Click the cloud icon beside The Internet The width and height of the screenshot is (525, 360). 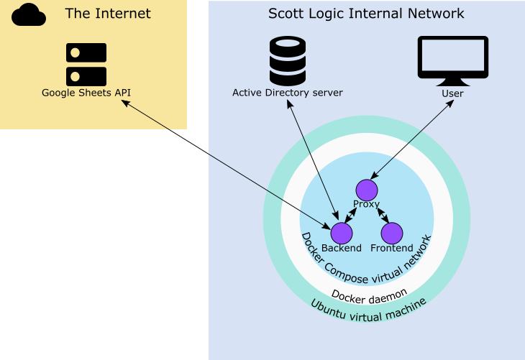click(x=29, y=14)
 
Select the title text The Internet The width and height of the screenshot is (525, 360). click(x=108, y=14)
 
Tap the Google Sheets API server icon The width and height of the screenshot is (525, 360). click(x=86, y=64)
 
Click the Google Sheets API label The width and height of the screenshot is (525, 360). click(x=86, y=93)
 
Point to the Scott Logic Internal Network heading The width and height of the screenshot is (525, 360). click(x=366, y=14)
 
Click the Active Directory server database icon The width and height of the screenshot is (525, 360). click(x=288, y=61)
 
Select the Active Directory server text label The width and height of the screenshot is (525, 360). click(x=288, y=93)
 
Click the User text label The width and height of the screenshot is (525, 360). click(x=453, y=93)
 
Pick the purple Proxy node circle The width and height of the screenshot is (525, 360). click(x=367, y=190)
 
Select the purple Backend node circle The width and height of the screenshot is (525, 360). click(x=342, y=233)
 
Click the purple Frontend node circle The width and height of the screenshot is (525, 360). click(x=392, y=233)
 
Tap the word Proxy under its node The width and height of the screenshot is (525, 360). click(x=367, y=205)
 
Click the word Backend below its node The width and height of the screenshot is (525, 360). click(x=342, y=249)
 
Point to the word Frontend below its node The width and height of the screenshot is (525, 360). click(x=392, y=249)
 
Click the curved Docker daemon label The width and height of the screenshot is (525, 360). click(x=369, y=295)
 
